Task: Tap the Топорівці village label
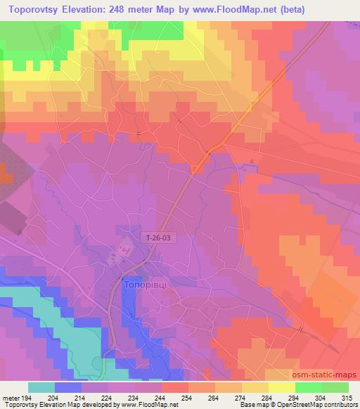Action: click(x=144, y=287)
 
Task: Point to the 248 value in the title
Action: click(x=146, y=10)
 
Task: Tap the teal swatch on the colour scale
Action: click(x=41, y=387)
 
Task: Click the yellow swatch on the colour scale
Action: click(x=282, y=387)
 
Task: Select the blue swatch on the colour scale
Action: click(x=68, y=387)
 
